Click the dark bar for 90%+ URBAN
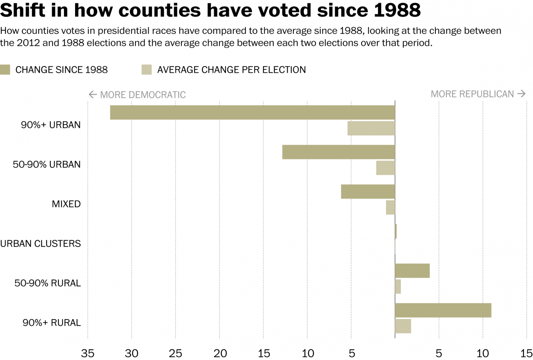[x=252, y=112]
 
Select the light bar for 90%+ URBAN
[x=371, y=128]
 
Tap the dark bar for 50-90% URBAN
[x=338, y=152]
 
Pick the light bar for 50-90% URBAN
[x=385, y=168]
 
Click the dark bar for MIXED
[x=368, y=191]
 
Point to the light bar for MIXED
[x=390, y=207]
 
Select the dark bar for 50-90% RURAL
[x=412, y=271]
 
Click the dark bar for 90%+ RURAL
[x=443, y=310]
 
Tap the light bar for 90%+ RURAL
[x=403, y=326]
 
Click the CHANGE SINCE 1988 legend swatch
[x=5, y=70]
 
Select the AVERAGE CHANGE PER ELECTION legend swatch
[x=147, y=70]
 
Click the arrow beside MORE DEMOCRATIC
[x=93, y=94]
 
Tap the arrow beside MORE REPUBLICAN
[x=522, y=94]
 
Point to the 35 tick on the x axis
[x=88, y=354]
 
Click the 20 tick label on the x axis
[x=220, y=354]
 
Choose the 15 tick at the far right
[x=526, y=354]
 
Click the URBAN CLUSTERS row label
[x=41, y=244]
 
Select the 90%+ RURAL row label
[x=52, y=323]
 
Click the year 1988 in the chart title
[x=397, y=10]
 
